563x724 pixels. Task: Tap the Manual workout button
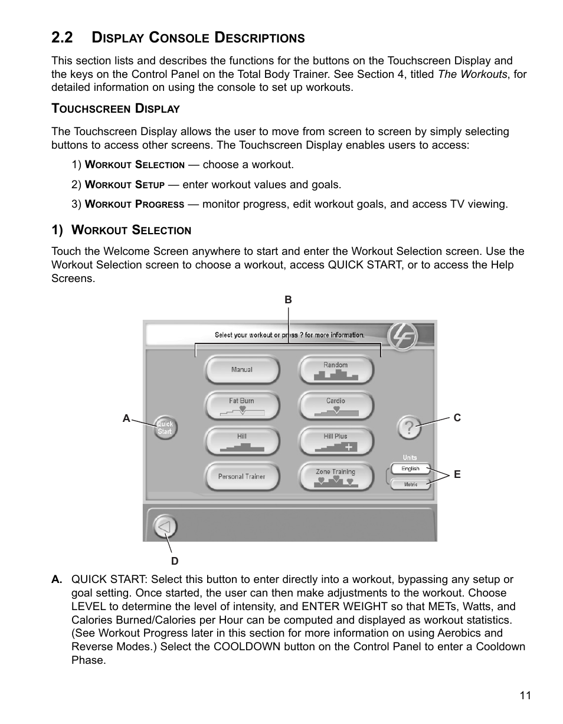coord(241,370)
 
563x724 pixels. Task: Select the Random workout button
coord(336,370)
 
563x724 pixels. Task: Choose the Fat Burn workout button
coord(241,406)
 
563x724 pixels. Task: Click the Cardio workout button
coord(336,406)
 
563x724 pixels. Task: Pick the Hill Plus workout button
coord(336,441)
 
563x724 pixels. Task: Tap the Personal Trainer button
coord(241,476)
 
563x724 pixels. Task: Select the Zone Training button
coord(336,476)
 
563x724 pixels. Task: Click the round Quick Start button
coord(165,427)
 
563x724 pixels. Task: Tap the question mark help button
coord(409,427)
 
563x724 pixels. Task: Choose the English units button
coord(411,469)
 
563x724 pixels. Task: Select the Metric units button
coord(411,484)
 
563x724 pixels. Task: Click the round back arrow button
coord(165,526)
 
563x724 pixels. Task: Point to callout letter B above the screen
coord(288,300)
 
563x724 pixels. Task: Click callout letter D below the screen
coord(174,561)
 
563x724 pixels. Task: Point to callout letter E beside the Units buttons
coord(457,474)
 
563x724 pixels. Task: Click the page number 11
coord(525,695)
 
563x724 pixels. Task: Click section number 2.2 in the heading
coord(63,38)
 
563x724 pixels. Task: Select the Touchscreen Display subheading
coord(115,109)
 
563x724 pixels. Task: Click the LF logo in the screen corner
coord(402,337)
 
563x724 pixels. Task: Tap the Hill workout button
coord(241,441)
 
